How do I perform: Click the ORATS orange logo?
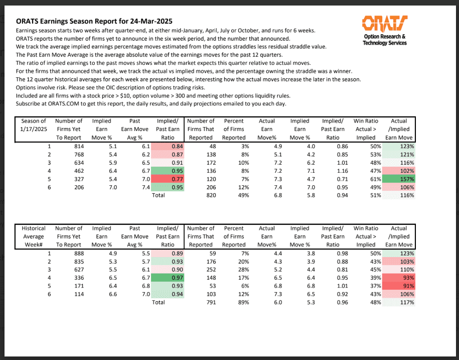pos(384,23)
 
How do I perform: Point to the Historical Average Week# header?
pos(34,236)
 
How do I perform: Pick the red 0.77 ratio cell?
pos(168,179)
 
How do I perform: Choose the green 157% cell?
pos(399,179)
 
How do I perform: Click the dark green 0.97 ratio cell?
pos(168,278)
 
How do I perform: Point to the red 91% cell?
pos(399,286)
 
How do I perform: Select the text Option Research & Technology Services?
pos(385,40)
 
